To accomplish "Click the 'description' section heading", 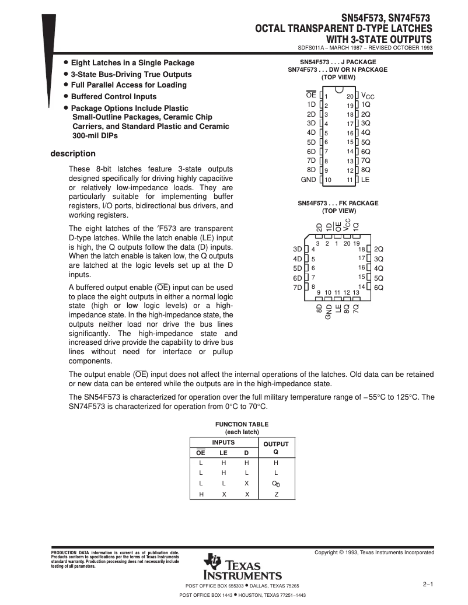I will pyautogui.click(x=73, y=154).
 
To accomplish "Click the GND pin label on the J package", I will pyautogui.click(x=308, y=180).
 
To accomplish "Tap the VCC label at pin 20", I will pyautogui.click(x=368, y=96).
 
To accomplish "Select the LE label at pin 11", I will pyautogui.click(x=365, y=180).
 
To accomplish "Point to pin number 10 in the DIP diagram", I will pyautogui.click(x=328, y=180).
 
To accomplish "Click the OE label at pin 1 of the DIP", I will pyautogui.click(x=311, y=95).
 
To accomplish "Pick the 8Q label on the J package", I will pyautogui.click(x=366, y=170).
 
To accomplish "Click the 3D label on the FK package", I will pyautogui.click(x=297, y=250).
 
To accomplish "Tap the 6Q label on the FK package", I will pyautogui.click(x=378, y=288).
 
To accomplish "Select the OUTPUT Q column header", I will pyautogui.click(x=276, y=447).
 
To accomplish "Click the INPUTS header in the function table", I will pyautogui.click(x=223, y=443).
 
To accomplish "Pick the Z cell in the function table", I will pyautogui.click(x=276, y=494).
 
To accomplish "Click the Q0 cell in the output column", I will pyautogui.click(x=276, y=484).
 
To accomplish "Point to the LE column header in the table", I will pyautogui.click(x=223, y=453).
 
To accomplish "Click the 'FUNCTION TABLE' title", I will pyautogui.click(x=242, y=425).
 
